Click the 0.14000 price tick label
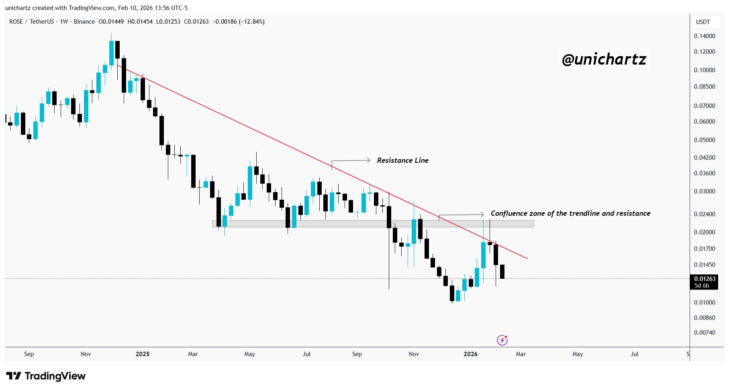704,36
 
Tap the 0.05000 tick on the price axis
704,140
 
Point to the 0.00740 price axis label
704,332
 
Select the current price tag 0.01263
704,279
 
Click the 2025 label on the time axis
143,354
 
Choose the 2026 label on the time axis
470,354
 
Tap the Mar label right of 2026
521,354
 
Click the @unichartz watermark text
604,59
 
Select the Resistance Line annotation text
402,160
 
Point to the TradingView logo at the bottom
46,376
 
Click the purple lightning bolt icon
502,340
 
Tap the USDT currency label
703,22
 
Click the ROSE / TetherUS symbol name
31,22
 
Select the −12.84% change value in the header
252,22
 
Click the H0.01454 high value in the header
140,22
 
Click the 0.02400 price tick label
704,214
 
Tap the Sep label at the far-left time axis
29,354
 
